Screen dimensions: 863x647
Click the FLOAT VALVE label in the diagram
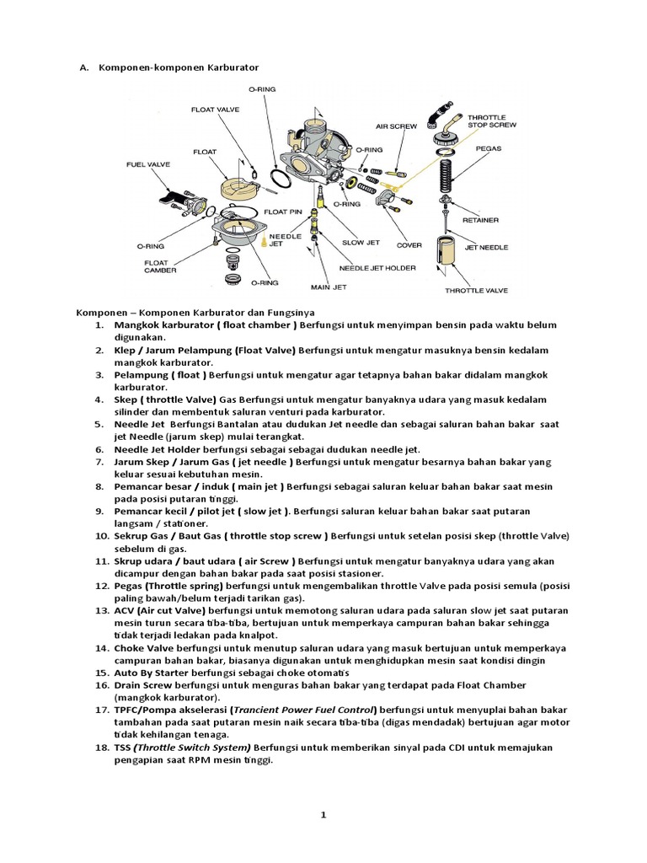pyautogui.click(x=217, y=110)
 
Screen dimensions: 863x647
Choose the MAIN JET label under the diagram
pyautogui.click(x=329, y=287)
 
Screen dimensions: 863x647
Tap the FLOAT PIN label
pyautogui.click(x=283, y=211)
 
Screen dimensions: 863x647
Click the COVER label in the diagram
pyautogui.click(x=409, y=244)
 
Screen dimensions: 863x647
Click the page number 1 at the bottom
pyautogui.click(x=323, y=814)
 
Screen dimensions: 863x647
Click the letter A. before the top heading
pyautogui.click(x=83, y=66)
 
